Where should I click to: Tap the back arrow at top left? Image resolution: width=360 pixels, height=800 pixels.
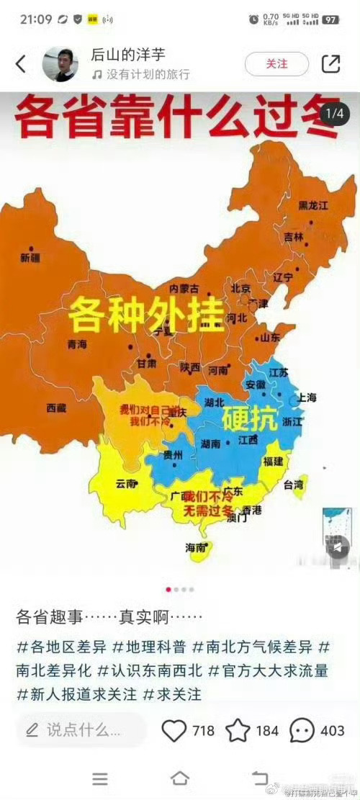[x=20, y=64]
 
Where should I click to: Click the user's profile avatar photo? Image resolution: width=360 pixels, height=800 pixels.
[x=60, y=64]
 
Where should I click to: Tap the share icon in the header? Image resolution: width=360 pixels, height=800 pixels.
[x=330, y=63]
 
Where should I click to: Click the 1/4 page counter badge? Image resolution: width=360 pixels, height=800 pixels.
[x=335, y=114]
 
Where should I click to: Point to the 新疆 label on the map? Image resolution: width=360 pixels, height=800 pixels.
[x=31, y=257]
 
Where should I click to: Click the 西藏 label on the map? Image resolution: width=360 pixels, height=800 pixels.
[x=56, y=408]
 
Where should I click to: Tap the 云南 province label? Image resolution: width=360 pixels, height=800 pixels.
[x=126, y=484]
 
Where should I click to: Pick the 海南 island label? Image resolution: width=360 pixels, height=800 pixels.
[x=196, y=547]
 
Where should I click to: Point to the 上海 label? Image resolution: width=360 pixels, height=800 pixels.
[x=307, y=397]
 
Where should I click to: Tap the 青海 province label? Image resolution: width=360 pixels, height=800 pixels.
[x=77, y=344]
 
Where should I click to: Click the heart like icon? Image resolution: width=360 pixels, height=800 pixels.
[x=174, y=730]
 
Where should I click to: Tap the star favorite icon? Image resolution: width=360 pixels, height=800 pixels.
[x=238, y=730]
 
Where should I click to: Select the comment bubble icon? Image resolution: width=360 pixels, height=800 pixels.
[x=302, y=730]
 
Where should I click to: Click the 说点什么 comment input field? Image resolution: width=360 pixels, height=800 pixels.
[x=79, y=730]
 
